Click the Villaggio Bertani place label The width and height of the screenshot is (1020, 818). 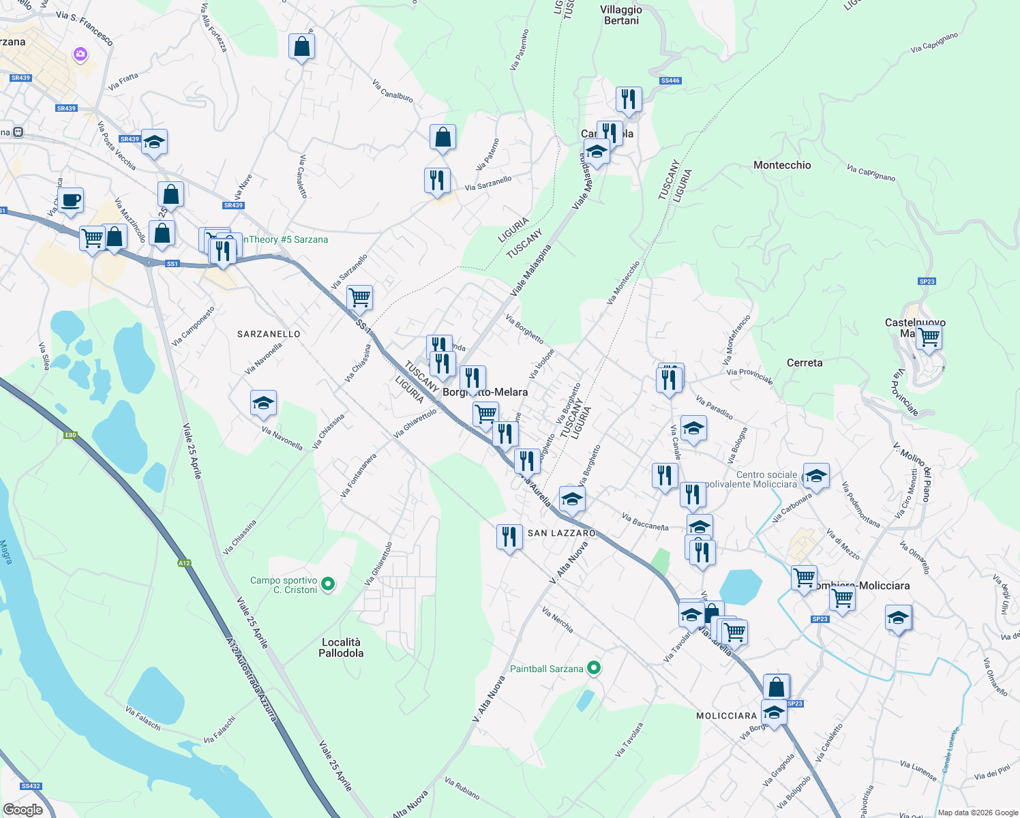[x=621, y=15]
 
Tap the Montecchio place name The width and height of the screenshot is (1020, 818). [x=782, y=165]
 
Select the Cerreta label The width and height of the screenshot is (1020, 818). [x=805, y=363]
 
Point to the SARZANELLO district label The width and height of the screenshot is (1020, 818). [x=269, y=334]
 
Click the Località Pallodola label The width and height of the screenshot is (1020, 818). [x=341, y=648]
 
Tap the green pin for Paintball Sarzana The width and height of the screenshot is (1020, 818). [x=594, y=668]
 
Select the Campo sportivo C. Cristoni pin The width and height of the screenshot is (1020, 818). [x=328, y=584]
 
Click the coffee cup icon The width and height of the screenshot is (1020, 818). [x=70, y=200]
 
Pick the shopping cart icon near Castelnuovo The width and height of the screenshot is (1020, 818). [x=929, y=337]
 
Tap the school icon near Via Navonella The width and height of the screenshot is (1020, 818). [x=263, y=403]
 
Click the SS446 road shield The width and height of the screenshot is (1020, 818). [x=670, y=80]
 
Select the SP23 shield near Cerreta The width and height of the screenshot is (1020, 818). [x=927, y=282]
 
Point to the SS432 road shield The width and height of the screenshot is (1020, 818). [x=31, y=786]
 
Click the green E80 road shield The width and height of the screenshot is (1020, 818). [x=70, y=435]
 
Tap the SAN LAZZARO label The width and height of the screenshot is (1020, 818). [x=562, y=533]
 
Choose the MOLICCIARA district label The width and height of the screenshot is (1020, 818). [x=726, y=716]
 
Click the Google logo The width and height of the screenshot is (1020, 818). [x=22, y=810]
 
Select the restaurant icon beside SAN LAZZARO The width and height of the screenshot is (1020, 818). [x=509, y=537]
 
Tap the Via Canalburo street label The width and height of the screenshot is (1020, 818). [x=393, y=91]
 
